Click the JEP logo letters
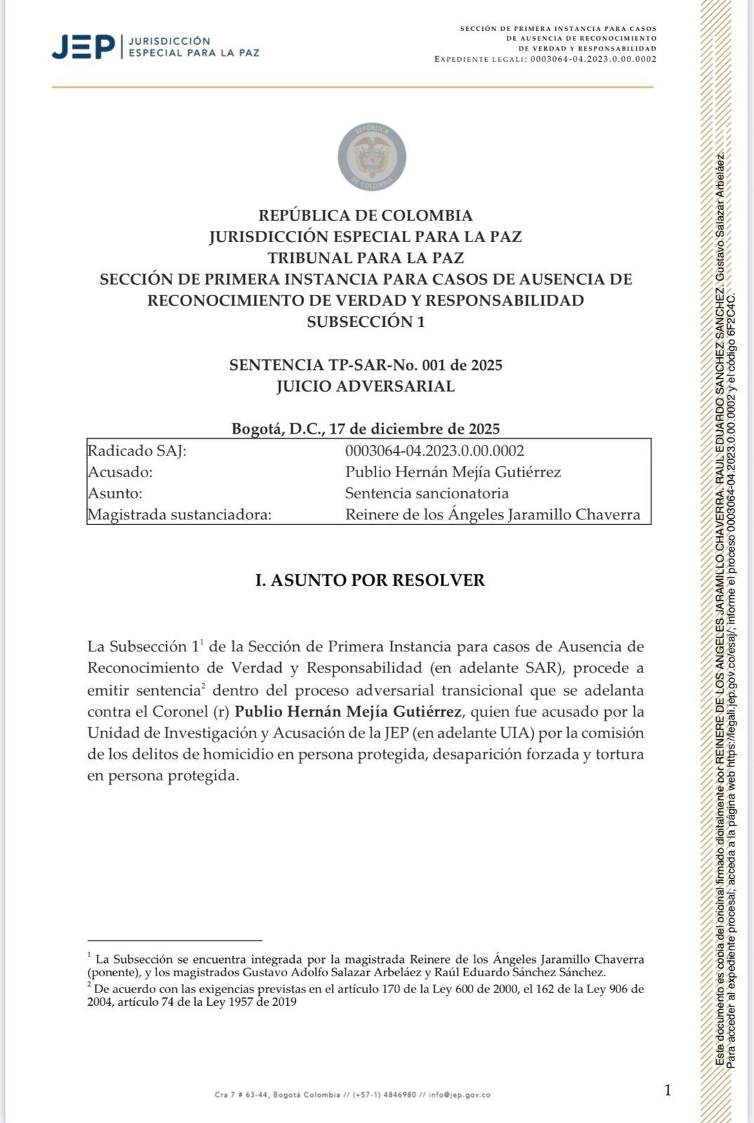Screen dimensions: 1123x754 83,48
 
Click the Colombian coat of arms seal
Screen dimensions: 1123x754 371,157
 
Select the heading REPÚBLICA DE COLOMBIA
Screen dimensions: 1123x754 365,215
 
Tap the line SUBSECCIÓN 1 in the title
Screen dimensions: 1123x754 365,322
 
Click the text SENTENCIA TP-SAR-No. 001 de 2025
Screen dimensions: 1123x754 365,365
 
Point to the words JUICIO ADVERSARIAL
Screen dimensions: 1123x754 365,386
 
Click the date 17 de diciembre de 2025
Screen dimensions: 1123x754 414,429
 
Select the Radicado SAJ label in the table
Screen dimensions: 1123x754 137,451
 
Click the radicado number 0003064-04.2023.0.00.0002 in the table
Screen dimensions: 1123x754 434,451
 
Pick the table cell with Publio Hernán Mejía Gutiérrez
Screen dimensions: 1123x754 453,472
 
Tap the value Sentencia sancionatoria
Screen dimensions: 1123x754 427,493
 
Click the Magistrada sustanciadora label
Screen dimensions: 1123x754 179,515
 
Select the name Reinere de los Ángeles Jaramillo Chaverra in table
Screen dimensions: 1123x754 492,515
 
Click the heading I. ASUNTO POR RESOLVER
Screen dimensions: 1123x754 369,580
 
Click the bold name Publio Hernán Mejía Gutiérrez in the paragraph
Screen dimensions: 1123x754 348,711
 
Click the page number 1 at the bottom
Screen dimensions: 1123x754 667,1090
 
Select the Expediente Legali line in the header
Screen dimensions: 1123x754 545,59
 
